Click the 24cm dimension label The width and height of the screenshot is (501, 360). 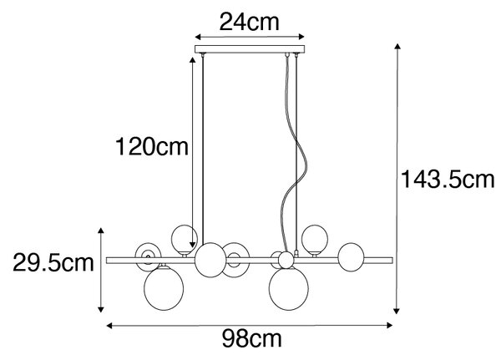tap(249, 22)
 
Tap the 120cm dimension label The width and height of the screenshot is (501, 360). tap(152, 147)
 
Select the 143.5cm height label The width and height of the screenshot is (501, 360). tap(448, 180)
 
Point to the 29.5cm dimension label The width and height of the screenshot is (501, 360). tap(53, 263)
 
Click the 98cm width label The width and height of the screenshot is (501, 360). tap(252, 339)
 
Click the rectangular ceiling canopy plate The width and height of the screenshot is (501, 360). tap(250, 49)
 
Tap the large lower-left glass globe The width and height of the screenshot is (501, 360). tap(164, 287)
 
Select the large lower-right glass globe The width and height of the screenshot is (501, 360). tap(289, 288)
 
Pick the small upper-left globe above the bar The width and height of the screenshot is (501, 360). tap(185, 239)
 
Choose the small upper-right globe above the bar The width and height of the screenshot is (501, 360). tap(315, 239)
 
